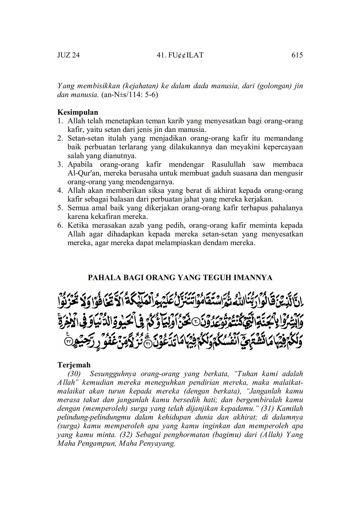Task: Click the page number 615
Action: (297, 55)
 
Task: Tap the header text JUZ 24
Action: (68, 55)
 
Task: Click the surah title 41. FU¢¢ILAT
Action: (180, 55)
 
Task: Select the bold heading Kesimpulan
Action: (78, 112)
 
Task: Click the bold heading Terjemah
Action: (74, 365)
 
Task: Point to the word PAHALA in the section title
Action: (101, 278)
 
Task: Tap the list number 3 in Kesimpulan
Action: (60, 165)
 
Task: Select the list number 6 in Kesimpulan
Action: (60, 225)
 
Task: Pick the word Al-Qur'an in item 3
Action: (81, 173)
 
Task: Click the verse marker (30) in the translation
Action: (74, 374)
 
